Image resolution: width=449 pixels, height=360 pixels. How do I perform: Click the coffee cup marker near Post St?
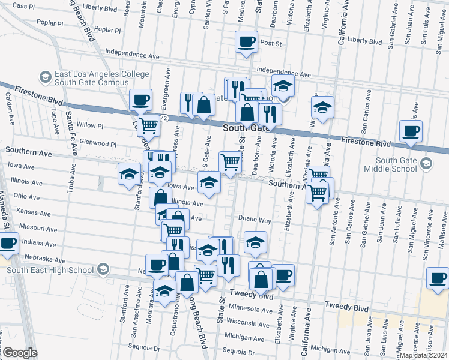click(x=246, y=43)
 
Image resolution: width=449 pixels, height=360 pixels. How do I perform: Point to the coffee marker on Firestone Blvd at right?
click(x=411, y=131)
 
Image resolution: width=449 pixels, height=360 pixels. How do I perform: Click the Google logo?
click(x=20, y=353)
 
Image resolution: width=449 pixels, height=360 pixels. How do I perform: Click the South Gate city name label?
click(x=247, y=128)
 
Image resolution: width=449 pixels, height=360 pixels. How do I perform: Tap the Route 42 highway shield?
click(x=164, y=119)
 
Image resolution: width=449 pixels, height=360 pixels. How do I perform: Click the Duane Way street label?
click(x=255, y=220)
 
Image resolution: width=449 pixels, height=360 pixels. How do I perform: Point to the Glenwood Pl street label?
click(x=98, y=144)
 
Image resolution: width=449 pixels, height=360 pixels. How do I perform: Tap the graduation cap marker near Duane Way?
click(x=256, y=242)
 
